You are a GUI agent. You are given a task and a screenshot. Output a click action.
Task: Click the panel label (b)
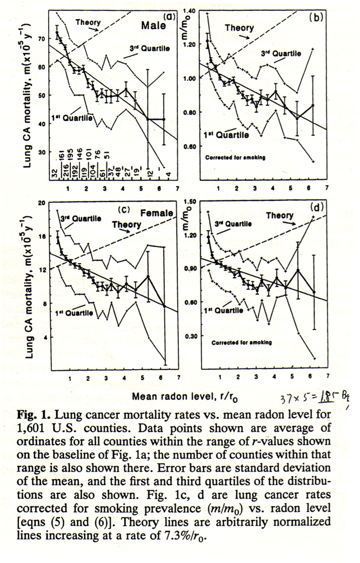(316, 17)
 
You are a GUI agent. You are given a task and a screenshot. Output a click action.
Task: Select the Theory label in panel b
(239, 28)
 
